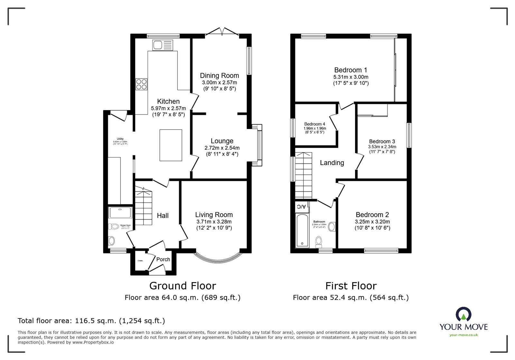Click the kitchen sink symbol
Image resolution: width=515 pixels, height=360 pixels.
pos(163,45)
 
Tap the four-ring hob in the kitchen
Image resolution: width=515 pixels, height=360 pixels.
pos(141,84)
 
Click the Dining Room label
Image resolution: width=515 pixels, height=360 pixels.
pos(220,76)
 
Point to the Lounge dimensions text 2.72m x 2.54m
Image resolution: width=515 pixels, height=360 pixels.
pos(222,148)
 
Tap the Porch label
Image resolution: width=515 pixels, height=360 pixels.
pos(163,259)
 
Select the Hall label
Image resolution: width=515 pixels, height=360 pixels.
pos(163,216)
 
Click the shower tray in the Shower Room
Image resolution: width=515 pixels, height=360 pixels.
pos(120,212)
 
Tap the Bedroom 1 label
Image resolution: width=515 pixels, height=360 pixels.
pos(351,70)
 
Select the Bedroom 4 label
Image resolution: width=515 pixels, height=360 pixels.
pos(314,124)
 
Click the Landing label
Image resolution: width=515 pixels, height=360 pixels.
pos(332,163)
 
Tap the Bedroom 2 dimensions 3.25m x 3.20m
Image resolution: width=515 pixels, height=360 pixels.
pos(372,222)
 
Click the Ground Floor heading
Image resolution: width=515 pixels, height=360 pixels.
pos(183,286)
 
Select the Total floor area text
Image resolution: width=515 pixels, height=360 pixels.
pos(91,321)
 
